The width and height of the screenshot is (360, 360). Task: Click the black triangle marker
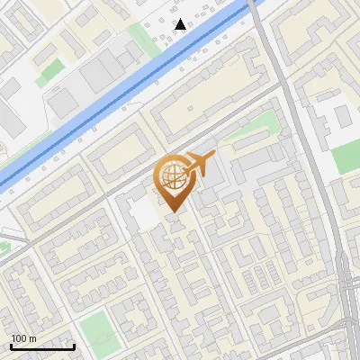pyautogui.click(x=181, y=24)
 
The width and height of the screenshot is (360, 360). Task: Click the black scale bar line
pyautogui.click(x=42, y=346)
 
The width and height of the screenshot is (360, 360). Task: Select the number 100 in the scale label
pyautogui.click(x=20, y=338)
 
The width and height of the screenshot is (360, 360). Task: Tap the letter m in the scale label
pyautogui.click(x=33, y=338)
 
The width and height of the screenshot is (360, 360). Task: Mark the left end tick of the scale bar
pyautogui.click(x=11, y=346)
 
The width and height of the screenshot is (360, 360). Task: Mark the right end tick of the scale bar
pyautogui.click(x=74, y=346)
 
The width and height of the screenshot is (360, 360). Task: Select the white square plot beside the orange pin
pyautogui.click(x=142, y=213)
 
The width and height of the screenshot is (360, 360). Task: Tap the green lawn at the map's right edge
pyautogui.click(x=347, y=157)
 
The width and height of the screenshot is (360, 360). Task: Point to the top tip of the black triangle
pyautogui.click(x=181, y=19)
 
